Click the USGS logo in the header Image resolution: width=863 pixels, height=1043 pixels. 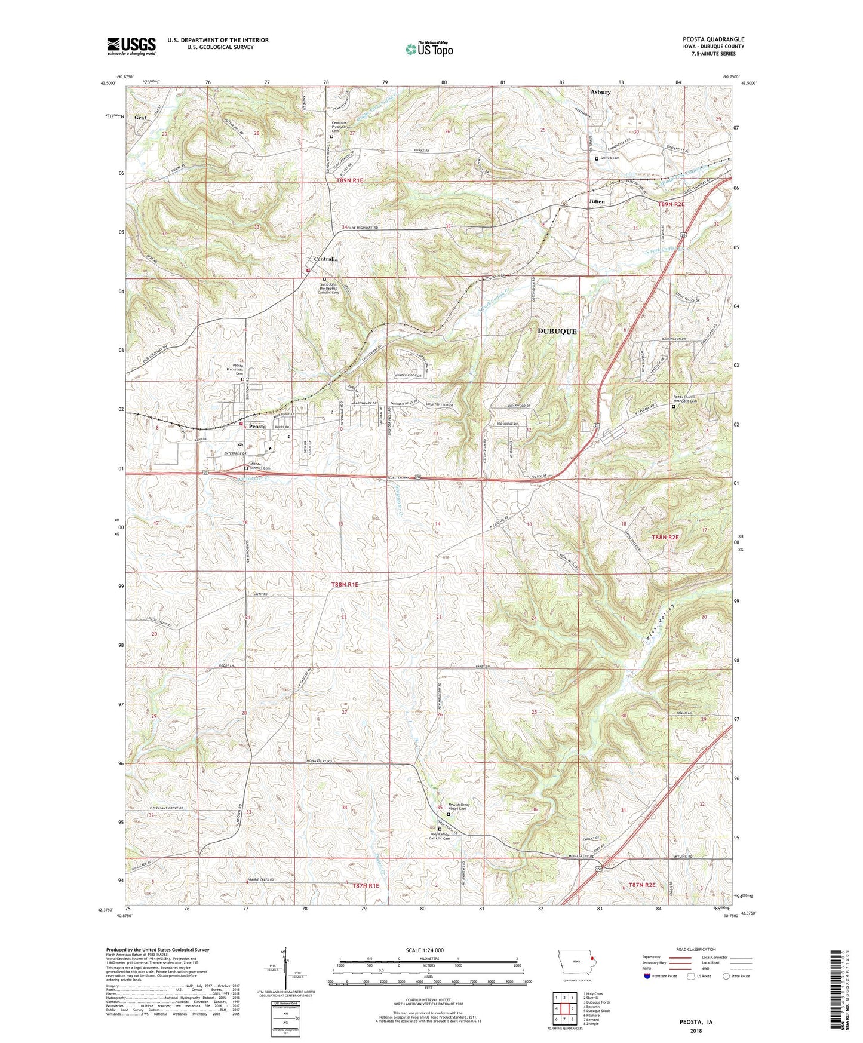pyautogui.click(x=131, y=46)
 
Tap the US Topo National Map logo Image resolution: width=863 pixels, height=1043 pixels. pyautogui.click(x=429, y=48)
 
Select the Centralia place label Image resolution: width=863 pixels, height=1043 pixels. pyautogui.click(x=326, y=259)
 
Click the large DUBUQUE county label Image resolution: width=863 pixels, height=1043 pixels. pyautogui.click(x=557, y=331)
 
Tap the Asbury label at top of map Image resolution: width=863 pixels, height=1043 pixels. pyautogui.click(x=600, y=92)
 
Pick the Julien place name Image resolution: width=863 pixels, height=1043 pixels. pyautogui.click(x=596, y=201)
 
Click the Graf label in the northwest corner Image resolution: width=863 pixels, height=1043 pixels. pyautogui.click(x=140, y=118)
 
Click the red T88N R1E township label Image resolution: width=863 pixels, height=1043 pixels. pyautogui.click(x=345, y=584)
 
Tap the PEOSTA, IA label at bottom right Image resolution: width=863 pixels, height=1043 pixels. pyautogui.click(x=696, y=1022)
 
